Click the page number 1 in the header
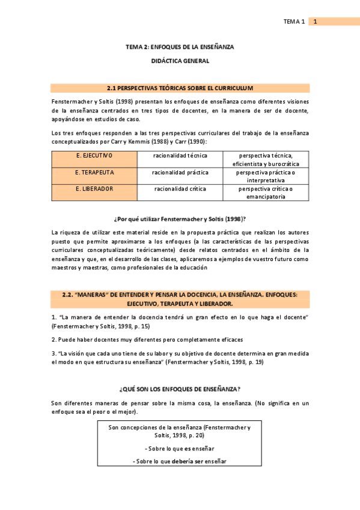pyautogui.click(x=315, y=22)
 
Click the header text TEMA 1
pyautogui.click(x=294, y=22)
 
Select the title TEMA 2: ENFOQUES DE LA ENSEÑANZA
pyautogui.click(x=180, y=46)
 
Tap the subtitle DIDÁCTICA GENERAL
pyautogui.click(x=180, y=61)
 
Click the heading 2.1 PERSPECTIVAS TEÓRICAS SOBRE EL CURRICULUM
pyautogui.click(x=180, y=88)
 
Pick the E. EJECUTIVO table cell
pyautogui.click(x=94, y=155)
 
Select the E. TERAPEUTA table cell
pyautogui.click(x=94, y=172)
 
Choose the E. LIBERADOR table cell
pyautogui.click(x=94, y=189)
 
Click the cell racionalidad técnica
pyautogui.click(x=180, y=155)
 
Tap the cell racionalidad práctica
pyautogui.click(x=180, y=172)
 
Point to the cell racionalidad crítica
pyautogui.click(x=180, y=189)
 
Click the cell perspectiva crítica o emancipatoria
pyautogui.click(x=265, y=192)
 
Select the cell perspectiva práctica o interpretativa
pyautogui.click(x=265, y=176)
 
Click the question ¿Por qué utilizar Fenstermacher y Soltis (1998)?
pyautogui.click(x=180, y=218)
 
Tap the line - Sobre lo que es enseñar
pyautogui.click(x=180, y=449)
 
